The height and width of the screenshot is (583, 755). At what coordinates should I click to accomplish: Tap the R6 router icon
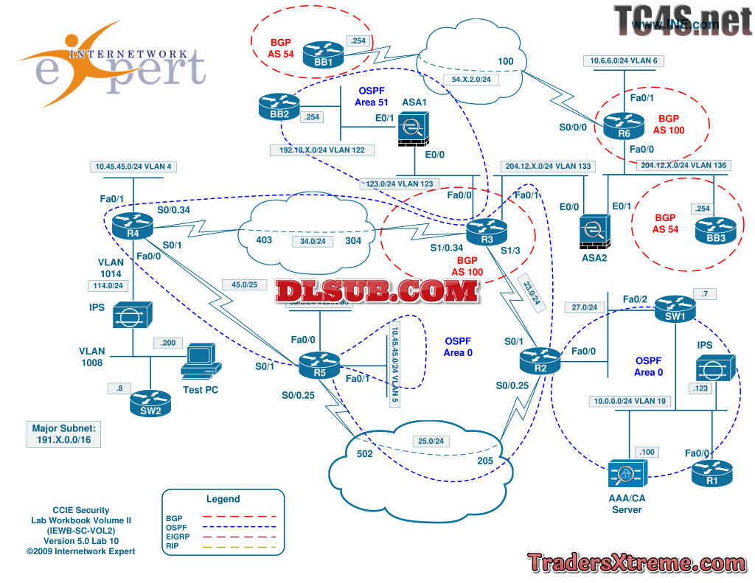pos(624,127)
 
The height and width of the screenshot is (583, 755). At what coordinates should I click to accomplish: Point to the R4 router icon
pos(133,224)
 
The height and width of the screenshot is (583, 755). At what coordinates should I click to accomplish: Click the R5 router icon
pos(319,363)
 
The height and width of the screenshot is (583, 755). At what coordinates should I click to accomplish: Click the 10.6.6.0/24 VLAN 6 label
pos(624,60)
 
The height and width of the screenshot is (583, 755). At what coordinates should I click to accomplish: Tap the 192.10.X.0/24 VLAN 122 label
pos(321,150)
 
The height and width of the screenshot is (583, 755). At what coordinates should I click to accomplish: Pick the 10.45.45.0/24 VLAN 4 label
pos(133,167)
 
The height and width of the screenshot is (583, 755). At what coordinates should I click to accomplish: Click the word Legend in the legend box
pos(223,499)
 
